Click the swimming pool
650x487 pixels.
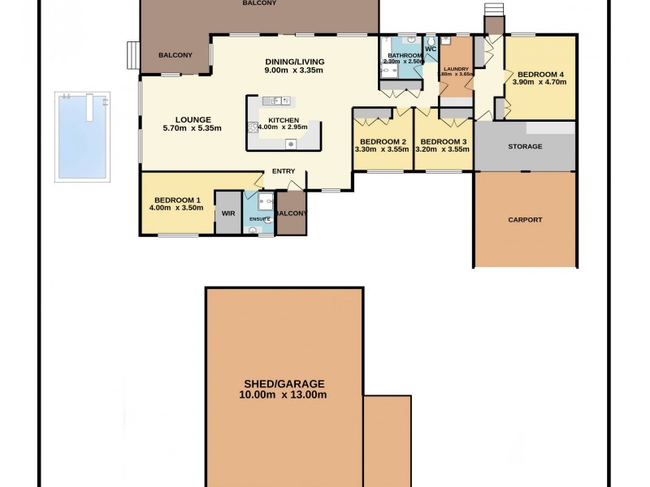point(81,136)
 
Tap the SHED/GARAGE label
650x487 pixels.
point(284,384)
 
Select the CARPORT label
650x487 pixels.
point(525,220)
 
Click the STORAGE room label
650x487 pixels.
point(525,146)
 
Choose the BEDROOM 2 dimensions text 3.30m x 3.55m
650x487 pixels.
point(382,149)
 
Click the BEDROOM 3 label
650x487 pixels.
point(443,141)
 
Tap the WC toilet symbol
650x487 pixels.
point(431,40)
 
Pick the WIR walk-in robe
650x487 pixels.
point(228,213)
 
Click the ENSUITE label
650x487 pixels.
point(260,219)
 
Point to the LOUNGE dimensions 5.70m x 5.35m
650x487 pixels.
point(192,128)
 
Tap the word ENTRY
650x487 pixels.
point(284,170)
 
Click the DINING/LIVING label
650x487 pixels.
point(294,62)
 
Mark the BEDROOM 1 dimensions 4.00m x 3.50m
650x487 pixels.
point(175,209)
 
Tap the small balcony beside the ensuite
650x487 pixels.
point(291,213)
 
